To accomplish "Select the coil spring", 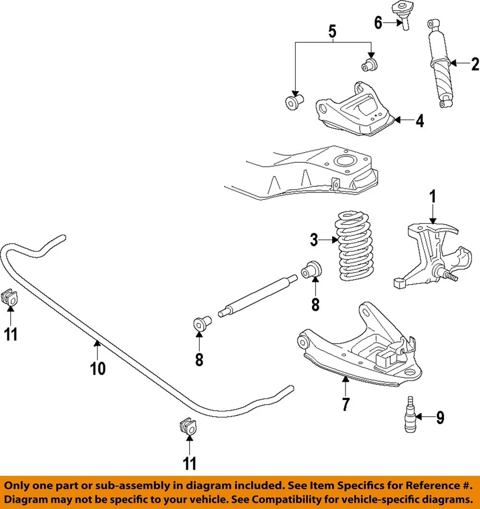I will click(355, 247).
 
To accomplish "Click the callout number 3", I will click(315, 240).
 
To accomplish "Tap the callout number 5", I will click(332, 32).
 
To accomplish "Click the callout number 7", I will click(345, 404).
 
